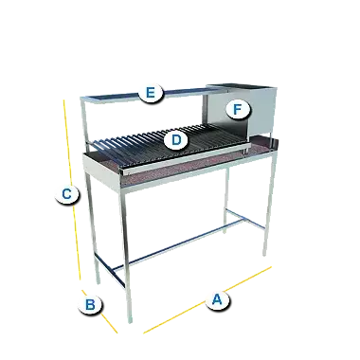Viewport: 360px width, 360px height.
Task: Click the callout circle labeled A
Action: [x=217, y=299]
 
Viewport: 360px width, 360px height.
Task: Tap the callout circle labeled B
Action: [x=90, y=305]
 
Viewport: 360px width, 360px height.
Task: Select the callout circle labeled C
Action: [x=67, y=194]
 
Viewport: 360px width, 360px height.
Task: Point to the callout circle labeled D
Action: [x=176, y=140]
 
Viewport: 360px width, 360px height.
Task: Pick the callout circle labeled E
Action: [x=151, y=93]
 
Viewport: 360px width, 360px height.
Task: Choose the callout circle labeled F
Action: [x=238, y=110]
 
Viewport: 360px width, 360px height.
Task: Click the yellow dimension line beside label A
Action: [x=207, y=299]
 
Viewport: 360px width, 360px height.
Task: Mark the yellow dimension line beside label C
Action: [x=72, y=189]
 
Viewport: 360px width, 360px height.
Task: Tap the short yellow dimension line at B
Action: [x=99, y=311]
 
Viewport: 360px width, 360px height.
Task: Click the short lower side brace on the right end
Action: [x=245, y=219]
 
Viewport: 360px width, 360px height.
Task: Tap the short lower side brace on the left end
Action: [x=109, y=270]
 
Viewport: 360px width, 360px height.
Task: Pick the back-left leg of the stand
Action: [x=93, y=227]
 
